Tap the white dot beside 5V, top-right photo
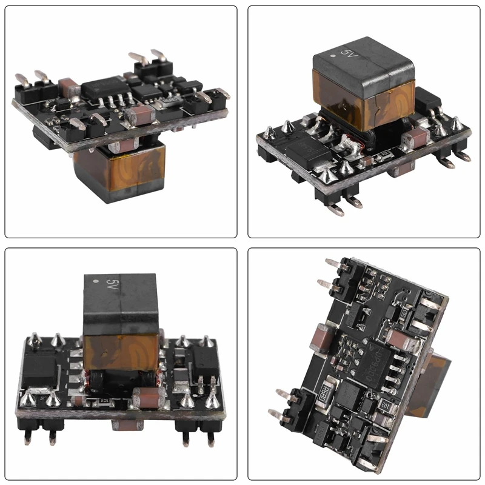click(335, 58)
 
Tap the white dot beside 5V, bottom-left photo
click(95, 283)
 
